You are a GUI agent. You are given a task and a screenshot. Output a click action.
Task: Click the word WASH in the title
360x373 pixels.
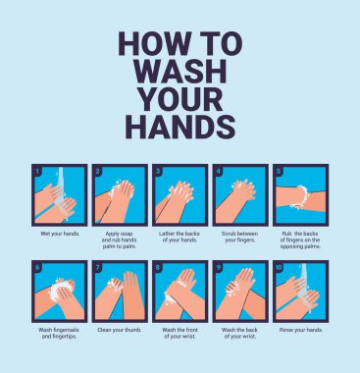coord(181,71)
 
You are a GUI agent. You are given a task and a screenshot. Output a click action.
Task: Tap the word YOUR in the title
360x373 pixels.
coord(181,98)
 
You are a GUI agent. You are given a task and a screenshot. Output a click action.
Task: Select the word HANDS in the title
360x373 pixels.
coord(180,127)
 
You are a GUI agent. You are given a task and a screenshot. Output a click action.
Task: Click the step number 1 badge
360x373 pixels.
coord(37,171)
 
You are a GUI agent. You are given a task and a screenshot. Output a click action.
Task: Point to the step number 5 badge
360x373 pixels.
coord(279,171)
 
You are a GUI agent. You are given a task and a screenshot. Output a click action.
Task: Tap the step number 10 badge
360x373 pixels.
coord(279,267)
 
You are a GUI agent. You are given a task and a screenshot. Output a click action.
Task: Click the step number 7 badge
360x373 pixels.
coord(98,267)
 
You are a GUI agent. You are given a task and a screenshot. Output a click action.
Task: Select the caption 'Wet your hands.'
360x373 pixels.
coord(60,234)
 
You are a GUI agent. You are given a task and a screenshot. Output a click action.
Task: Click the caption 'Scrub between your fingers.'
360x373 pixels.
coord(240,237)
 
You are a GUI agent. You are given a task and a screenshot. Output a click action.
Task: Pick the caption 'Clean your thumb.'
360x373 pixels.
coord(120,330)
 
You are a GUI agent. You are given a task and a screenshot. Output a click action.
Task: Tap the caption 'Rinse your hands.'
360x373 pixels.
coord(301,330)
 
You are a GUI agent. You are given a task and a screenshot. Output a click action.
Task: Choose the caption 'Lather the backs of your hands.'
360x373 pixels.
coord(180,237)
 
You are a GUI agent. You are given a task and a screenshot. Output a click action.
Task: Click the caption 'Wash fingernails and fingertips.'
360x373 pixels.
coord(59,333)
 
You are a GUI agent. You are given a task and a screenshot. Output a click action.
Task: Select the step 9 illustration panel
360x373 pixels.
coord(240,292)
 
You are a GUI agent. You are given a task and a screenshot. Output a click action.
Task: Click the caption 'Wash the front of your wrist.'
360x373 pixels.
coord(180,333)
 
